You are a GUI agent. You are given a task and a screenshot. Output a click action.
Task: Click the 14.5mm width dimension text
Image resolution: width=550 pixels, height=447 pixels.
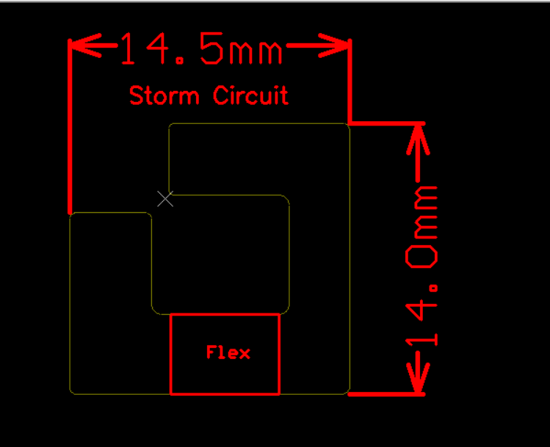pos(201,48)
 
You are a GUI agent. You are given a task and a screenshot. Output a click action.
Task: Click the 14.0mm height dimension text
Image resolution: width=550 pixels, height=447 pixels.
pos(421,266)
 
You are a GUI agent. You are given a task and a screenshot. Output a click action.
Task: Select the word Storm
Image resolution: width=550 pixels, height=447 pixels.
pos(164,95)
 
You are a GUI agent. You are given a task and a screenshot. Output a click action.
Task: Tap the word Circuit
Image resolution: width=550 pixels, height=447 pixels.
pos(251,95)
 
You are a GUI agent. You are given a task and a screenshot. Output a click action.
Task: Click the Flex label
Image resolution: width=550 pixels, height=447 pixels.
pos(228,352)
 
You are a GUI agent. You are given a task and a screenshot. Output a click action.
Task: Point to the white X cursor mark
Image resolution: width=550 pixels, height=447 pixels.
pos(165,199)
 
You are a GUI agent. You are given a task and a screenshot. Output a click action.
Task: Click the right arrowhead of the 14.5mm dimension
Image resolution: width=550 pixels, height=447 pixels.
pos(334,46)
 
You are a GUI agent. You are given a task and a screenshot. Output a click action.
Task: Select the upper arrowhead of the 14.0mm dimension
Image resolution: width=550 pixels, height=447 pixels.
pos(418,139)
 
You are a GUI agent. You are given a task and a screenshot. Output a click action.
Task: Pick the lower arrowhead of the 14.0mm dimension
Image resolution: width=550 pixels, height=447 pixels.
pos(418,379)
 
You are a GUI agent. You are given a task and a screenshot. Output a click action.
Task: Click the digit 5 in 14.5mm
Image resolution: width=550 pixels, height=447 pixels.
pos(211,48)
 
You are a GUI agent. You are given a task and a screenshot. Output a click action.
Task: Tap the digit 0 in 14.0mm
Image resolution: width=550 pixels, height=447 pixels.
pos(421,257)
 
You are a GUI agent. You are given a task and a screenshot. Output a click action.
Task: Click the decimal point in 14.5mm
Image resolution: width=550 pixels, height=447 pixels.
pos(181,62)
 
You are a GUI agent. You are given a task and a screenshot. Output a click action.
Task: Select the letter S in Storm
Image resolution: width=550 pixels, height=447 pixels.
pos(136,95)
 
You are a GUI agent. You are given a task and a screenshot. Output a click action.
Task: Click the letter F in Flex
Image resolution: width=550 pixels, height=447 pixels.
pos(211,352)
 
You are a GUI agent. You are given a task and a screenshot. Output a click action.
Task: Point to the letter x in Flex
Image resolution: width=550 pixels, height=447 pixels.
pos(245,354)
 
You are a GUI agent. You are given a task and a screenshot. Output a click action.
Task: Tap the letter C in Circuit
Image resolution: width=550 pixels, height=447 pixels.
pos(220,95)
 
